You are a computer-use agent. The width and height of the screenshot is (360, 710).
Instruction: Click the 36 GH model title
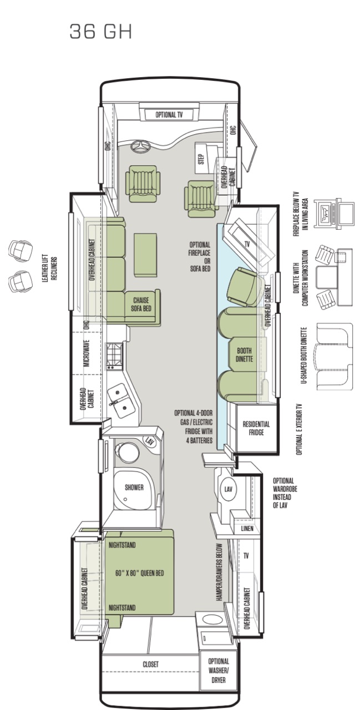click(x=100, y=32)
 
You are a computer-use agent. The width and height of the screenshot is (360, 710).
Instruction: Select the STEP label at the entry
click(x=201, y=159)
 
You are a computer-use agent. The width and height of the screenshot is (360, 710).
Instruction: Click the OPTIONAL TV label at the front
click(x=169, y=115)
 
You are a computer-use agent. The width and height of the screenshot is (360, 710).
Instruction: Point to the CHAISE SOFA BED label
click(x=141, y=305)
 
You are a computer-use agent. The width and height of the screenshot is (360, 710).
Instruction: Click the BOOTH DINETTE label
click(x=244, y=354)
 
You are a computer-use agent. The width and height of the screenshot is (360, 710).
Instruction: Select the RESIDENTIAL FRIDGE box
click(x=256, y=428)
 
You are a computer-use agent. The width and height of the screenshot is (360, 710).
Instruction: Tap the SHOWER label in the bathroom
click(x=134, y=487)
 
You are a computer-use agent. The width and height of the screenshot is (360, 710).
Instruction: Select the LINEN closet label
click(x=247, y=529)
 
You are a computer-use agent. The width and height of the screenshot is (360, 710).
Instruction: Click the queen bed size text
click(x=139, y=573)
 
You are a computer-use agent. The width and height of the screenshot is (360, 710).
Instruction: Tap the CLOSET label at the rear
click(x=150, y=664)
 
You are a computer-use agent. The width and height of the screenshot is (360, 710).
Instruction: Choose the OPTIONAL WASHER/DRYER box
click(x=219, y=670)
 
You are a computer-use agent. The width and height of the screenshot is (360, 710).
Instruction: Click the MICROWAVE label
click(x=87, y=354)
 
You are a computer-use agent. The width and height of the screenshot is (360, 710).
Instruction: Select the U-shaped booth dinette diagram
click(x=334, y=357)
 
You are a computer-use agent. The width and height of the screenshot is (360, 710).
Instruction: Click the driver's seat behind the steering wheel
click(x=141, y=184)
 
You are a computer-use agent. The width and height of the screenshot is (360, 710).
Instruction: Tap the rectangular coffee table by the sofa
click(x=145, y=255)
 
